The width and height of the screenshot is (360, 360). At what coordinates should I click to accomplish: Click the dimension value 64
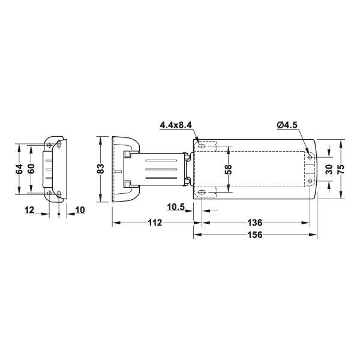(x=19, y=169)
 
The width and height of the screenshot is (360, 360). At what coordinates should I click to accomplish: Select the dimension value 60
(x=31, y=169)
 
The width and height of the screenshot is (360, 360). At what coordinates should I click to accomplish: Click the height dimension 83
(x=101, y=169)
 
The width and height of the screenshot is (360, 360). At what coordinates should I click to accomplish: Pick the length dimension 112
(x=154, y=223)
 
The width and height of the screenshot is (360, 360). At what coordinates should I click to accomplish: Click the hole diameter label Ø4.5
(x=289, y=125)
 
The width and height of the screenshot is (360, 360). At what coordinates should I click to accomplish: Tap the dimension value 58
(x=228, y=169)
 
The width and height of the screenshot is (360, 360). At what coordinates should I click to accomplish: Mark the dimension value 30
(x=328, y=169)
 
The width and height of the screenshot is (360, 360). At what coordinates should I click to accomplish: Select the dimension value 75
(x=341, y=169)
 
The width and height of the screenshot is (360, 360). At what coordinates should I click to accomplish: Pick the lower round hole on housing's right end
(x=310, y=181)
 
